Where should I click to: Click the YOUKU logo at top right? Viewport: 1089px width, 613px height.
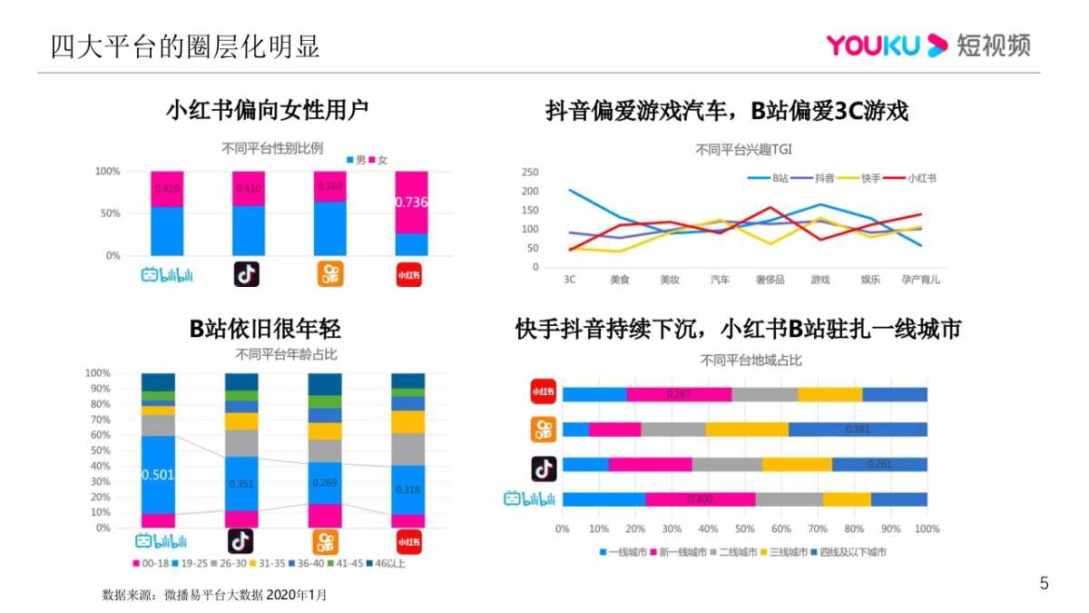[927, 44]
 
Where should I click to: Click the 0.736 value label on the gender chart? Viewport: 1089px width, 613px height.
[411, 202]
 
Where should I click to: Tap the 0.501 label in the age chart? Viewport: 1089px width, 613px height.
[158, 474]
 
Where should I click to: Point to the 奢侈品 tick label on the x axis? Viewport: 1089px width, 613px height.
[770, 279]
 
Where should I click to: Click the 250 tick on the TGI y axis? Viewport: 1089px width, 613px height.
[531, 173]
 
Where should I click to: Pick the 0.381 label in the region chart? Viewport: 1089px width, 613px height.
[858, 430]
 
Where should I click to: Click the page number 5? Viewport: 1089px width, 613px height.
[1044, 584]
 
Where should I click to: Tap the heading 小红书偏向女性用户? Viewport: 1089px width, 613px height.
[268, 111]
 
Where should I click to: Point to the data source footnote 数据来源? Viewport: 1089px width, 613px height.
[214, 596]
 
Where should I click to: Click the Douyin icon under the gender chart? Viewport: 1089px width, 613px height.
[247, 273]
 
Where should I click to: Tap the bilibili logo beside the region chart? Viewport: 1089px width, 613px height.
[529, 499]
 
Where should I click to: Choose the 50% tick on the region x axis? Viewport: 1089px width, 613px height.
[744, 528]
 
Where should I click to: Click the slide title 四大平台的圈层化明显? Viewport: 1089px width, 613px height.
[185, 46]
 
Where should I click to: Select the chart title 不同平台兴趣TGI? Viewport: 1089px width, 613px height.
[743, 150]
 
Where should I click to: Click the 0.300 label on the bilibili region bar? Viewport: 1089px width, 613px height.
[700, 499]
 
